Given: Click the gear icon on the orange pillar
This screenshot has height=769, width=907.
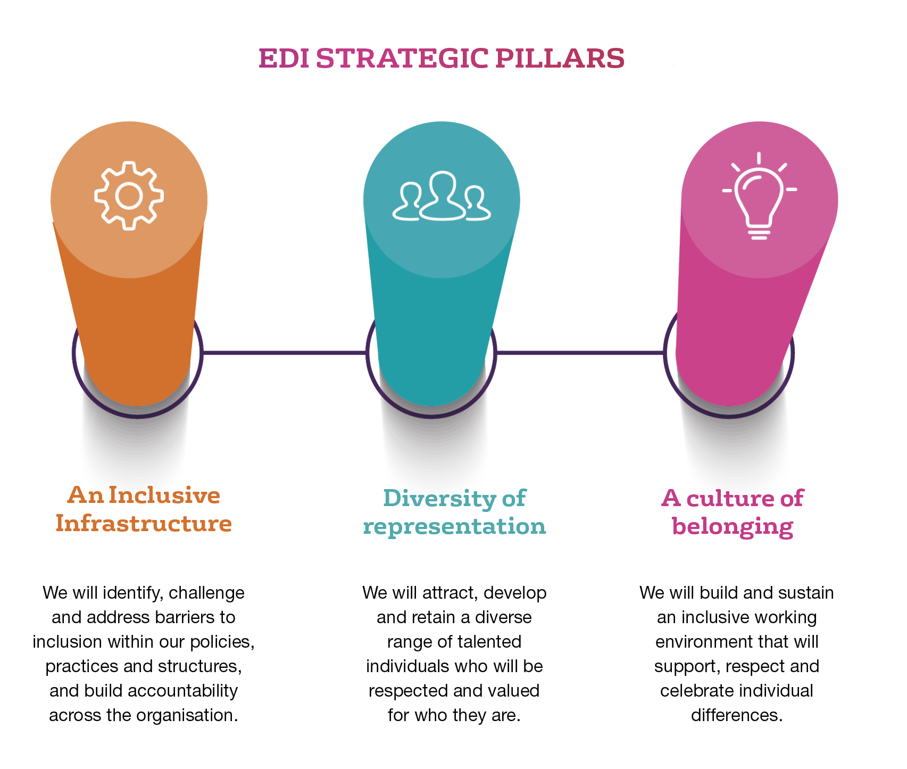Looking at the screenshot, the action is pyautogui.click(x=129, y=195).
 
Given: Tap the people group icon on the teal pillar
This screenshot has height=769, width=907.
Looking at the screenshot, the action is pyautogui.click(x=442, y=196).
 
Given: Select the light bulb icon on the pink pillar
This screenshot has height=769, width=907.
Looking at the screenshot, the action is pyautogui.click(x=759, y=196).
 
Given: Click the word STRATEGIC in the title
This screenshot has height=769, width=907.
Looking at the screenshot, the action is pyautogui.click(x=402, y=59).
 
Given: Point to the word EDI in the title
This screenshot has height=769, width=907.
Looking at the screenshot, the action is pyautogui.click(x=284, y=59).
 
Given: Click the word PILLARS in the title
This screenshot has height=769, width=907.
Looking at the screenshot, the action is pyautogui.click(x=560, y=59).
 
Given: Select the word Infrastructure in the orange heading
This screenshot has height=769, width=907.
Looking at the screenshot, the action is pyautogui.click(x=144, y=523).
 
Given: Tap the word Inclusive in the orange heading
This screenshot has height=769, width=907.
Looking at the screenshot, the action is pyautogui.click(x=164, y=495).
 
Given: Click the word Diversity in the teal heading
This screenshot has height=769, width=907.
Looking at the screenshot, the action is pyautogui.click(x=432, y=499).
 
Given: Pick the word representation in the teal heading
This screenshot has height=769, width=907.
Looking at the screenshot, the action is pyautogui.click(x=454, y=527).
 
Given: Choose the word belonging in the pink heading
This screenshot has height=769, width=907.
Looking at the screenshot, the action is pyautogui.click(x=733, y=527).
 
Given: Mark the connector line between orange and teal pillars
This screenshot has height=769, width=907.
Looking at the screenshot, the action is pyautogui.click(x=285, y=352).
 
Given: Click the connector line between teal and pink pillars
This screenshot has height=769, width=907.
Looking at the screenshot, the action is pyautogui.click(x=580, y=352).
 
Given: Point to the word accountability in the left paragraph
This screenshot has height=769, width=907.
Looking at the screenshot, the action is pyautogui.click(x=183, y=691).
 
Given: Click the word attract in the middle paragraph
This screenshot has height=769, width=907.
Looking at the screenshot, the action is pyautogui.click(x=450, y=593).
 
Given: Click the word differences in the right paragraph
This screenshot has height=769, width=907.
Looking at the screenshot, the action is pyautogui.click(x=737, y=715).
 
